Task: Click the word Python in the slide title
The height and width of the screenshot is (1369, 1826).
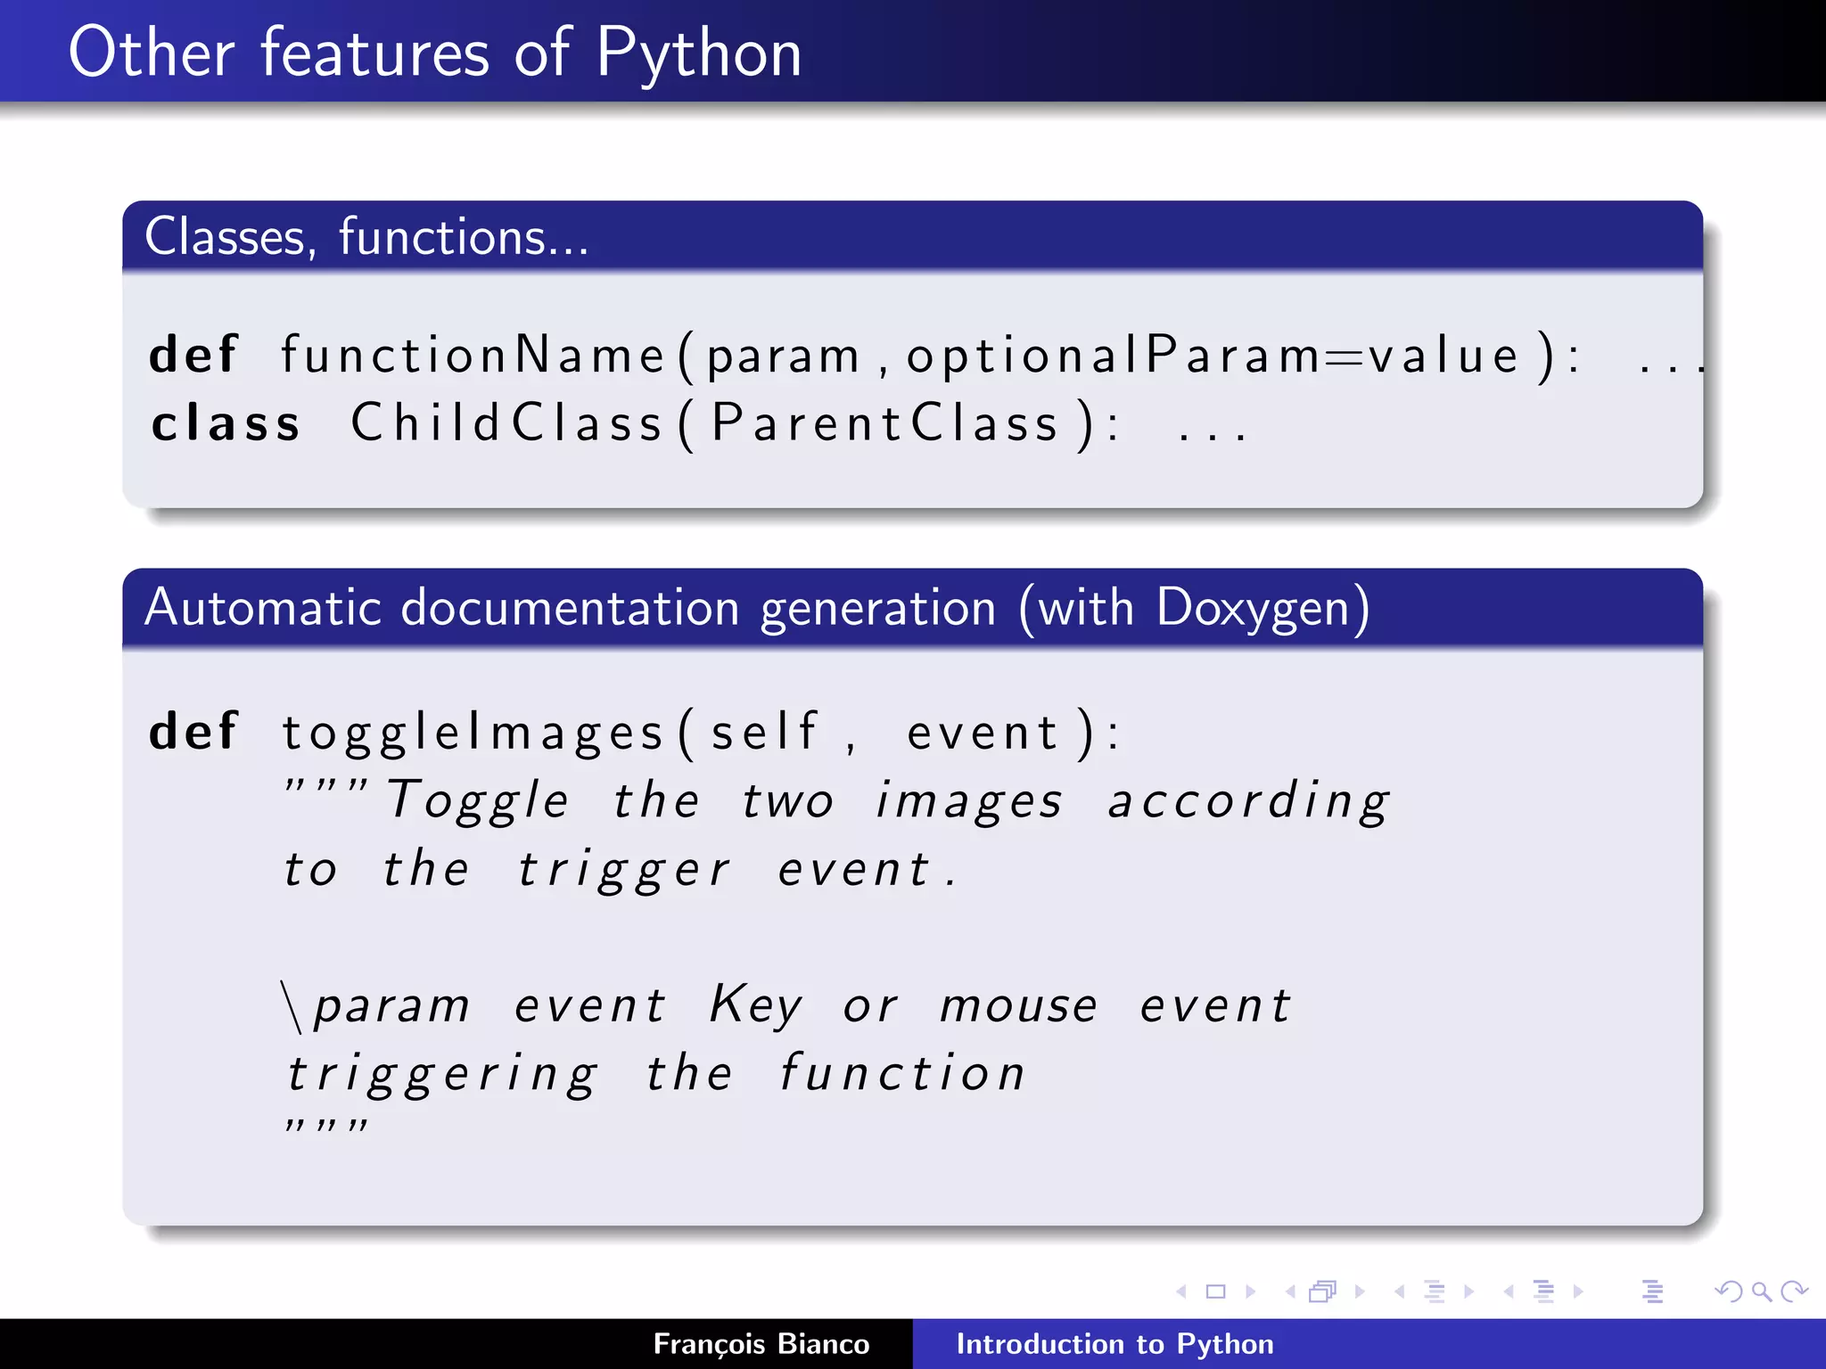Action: pyautogui.click(x=698, y=53)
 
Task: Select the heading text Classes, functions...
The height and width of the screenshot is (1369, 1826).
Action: pyautogui.click(x=366, y=237)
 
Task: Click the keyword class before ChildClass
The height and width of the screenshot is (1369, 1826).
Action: pyautogui.click(x=226, y=423)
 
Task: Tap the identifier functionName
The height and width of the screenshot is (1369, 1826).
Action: pyautogui.click(x=473, y=355)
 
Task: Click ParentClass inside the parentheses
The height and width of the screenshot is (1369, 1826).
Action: pyautogui.click(x=884, y=423)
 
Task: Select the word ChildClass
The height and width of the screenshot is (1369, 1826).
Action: pyautogui.click(x=506, y=423)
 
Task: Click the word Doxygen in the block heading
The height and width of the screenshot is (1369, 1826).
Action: pyautogui.click(x=1252, y=609)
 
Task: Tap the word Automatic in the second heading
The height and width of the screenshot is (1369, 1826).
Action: pyautogui.click(x=263, y=609)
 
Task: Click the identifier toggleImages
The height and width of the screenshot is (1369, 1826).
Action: pyautogui.click(x=473, y=733)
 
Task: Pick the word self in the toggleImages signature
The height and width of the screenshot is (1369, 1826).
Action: pyautogui.click(x=763, y=733)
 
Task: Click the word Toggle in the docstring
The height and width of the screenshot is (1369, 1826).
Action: pyautogui.click(x=478, y=800)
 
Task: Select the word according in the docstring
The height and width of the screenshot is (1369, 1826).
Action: pyautogui.click(x=1248, y=800)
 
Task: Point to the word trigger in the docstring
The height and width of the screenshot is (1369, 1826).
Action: pyautogui.click(x=624, y=870)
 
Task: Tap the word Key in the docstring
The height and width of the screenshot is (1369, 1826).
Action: pyautogui.click(x=755, y=1005)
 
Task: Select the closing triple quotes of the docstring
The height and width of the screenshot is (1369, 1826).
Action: pyautogui.click(x=325, y=1125)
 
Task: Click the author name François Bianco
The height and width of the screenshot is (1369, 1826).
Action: pyautogui.click(x=761, y=1344)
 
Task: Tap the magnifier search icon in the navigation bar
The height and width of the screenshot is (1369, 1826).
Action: pyautogui.click(x=1761, y=1291)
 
